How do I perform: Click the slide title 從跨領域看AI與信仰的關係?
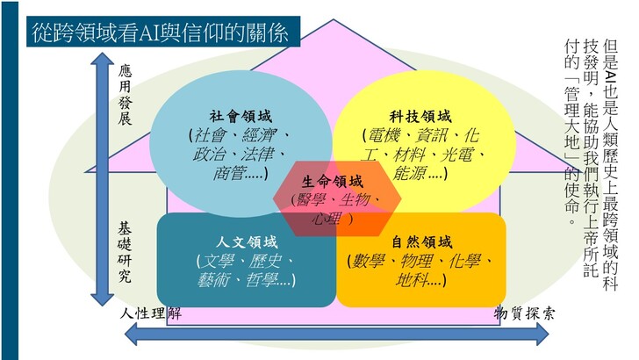160,32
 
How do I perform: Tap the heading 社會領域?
241,117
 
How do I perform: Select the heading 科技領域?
420,117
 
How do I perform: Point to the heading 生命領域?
332,182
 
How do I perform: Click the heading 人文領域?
247,242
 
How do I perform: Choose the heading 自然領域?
422,242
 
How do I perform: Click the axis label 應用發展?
126,95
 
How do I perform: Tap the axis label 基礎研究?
125,252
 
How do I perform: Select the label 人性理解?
151,313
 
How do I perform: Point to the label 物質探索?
524,313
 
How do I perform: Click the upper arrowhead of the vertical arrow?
102,58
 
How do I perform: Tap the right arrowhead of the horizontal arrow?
542,335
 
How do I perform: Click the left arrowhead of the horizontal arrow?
131,335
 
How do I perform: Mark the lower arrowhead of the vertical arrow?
102,299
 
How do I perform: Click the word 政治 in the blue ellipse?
209,155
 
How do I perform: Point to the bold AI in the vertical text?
611,76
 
